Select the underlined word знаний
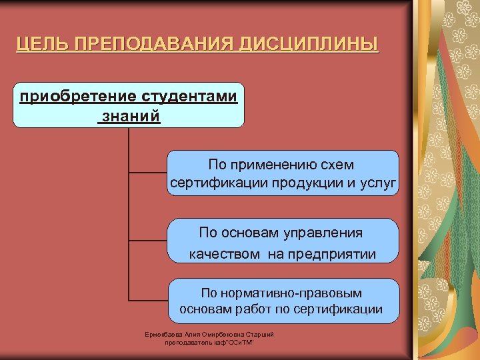131,116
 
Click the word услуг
379,182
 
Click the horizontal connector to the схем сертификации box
147,173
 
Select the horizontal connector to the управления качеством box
147,240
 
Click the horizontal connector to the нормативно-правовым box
147,301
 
